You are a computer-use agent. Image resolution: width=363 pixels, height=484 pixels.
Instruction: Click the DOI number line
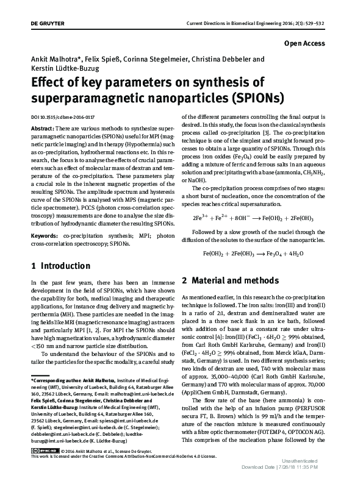pos(63,116)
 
